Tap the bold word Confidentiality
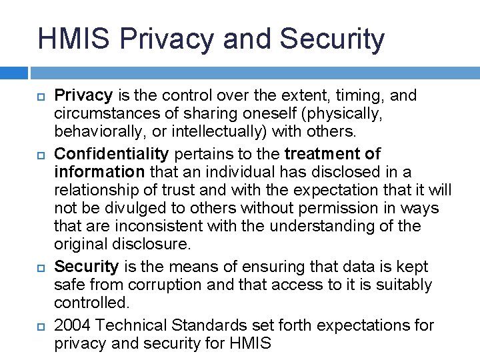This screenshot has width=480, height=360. coord(112,155)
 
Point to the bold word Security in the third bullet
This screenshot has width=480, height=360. coord(86,267)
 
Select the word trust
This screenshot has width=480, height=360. coord(177,189)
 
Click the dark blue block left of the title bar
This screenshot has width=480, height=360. coord(13,72)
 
